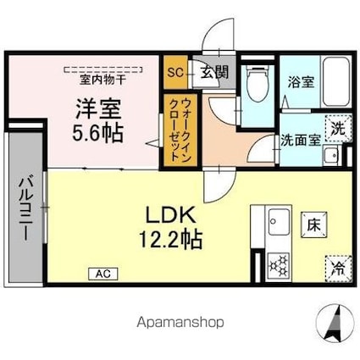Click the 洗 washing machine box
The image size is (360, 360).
click(x=338, y=130)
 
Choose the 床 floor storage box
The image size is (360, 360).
click(x=313, y=224)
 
